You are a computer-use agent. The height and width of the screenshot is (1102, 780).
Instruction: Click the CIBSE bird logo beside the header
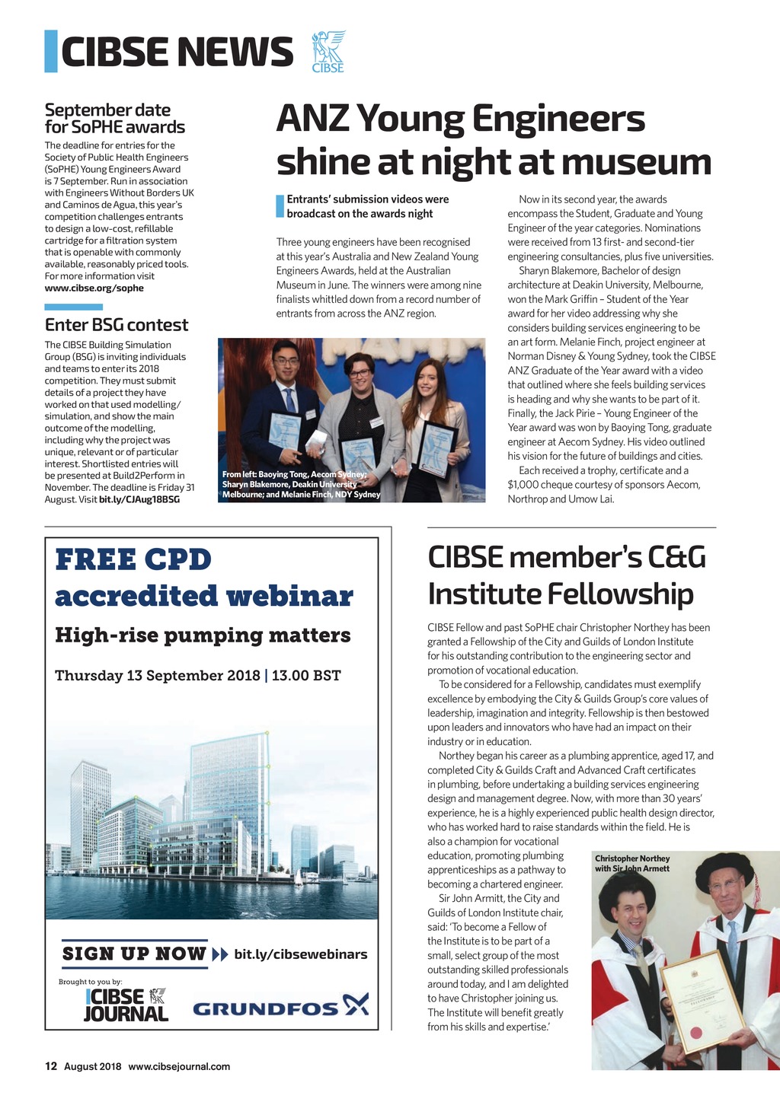pyautogui.click(x=328, y=52)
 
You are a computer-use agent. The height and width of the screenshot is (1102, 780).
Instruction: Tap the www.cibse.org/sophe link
pyautogui.click(x=94, y=288)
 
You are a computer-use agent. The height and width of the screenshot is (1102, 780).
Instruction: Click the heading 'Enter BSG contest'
pyautogui.click(x=116, y=325)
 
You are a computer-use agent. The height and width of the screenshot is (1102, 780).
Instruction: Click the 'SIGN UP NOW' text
pyautogui.click(x=134, y=954)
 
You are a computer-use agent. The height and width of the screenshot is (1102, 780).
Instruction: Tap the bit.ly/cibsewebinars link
pyautogui.click(x=300, y=954)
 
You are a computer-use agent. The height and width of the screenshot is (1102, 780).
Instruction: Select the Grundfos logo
pyautogui.click(x=280, y=1008)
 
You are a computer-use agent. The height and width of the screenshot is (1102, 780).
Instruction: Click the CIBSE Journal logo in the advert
pyautogui.click(x=126, y=1005)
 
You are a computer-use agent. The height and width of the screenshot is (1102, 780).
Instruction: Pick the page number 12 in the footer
pyautogui.click(x=51, y=1066)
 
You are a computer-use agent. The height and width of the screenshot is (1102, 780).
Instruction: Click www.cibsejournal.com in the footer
pyautogui.click(x=179, y=1066)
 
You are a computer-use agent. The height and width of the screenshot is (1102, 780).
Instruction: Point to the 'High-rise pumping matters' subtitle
pyautogui.click(x=203, y=635)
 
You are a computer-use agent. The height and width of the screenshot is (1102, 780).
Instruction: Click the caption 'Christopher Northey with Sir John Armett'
pyautogui.click(x=631, y=864)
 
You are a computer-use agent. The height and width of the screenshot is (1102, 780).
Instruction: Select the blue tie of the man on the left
pyautogui.click(x=290, y=400)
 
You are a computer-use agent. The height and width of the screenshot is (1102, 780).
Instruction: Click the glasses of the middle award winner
pyautogui.click(x=360, y=373)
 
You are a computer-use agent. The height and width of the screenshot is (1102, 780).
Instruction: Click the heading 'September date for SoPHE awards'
pyautogui.click(x=114, y=119)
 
